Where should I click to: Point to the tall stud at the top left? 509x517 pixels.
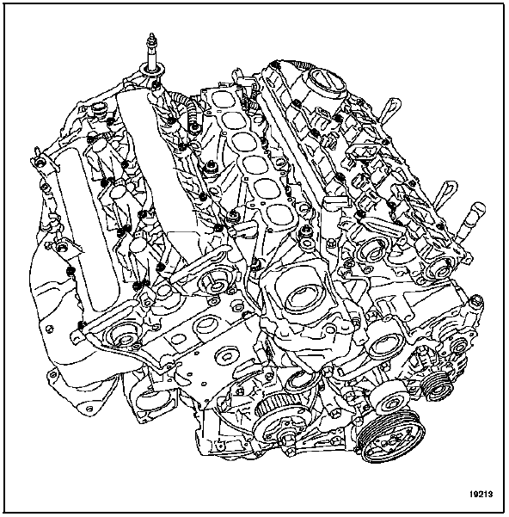[x=152, y=53]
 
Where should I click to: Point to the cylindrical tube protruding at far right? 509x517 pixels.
[x=472, y=221]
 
